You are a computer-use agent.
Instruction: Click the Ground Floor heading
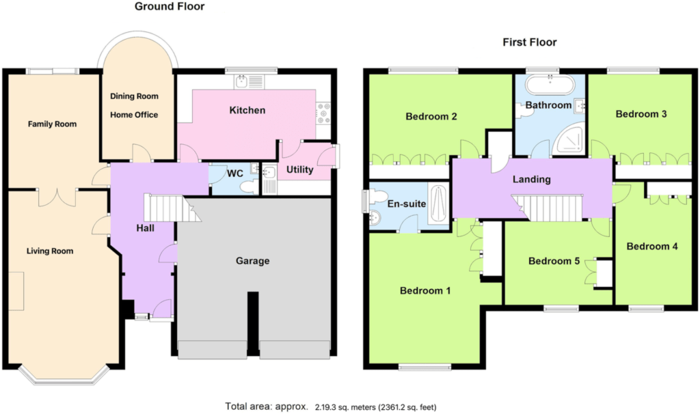pos(170,7)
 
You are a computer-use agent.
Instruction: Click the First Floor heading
pos(530,42)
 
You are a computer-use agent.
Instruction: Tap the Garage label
pos(253,261)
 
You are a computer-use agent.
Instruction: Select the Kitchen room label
pos(247,110)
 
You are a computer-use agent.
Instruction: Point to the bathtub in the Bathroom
pos(550,84)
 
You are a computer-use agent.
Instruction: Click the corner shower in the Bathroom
pos(569,138)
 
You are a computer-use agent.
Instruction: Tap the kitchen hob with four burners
pos(323,114)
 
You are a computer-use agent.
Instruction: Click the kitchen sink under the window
pos(250,82)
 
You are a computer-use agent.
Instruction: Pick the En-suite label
pos(406,204)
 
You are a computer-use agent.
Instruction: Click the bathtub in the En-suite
pos(438,204)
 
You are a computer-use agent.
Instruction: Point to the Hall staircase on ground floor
pos(172,208)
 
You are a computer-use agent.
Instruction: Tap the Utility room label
pos(299,169)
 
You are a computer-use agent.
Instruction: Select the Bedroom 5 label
pos(554,261)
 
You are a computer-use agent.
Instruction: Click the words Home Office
pos(134,115)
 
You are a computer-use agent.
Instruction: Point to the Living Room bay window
pos(64,376)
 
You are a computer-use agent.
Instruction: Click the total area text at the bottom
pos(331,407)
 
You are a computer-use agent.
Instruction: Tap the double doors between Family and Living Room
pos(57,197)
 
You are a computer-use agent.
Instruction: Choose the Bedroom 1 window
pos(425,367)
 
